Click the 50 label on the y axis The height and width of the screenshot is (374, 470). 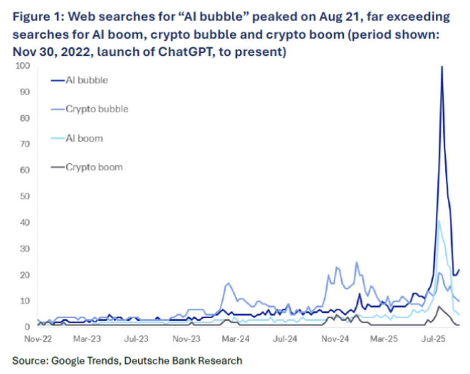pos(24,196)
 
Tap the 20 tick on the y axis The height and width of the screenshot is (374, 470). pos(24,275)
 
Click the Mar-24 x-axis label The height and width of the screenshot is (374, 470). pos(237,340)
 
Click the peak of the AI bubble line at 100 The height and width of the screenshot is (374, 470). pos(442,67)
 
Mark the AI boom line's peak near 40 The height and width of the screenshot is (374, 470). pos(439,221)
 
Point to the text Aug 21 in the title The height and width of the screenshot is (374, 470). pos(351,17)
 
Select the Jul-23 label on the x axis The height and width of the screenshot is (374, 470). pos(137,340)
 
